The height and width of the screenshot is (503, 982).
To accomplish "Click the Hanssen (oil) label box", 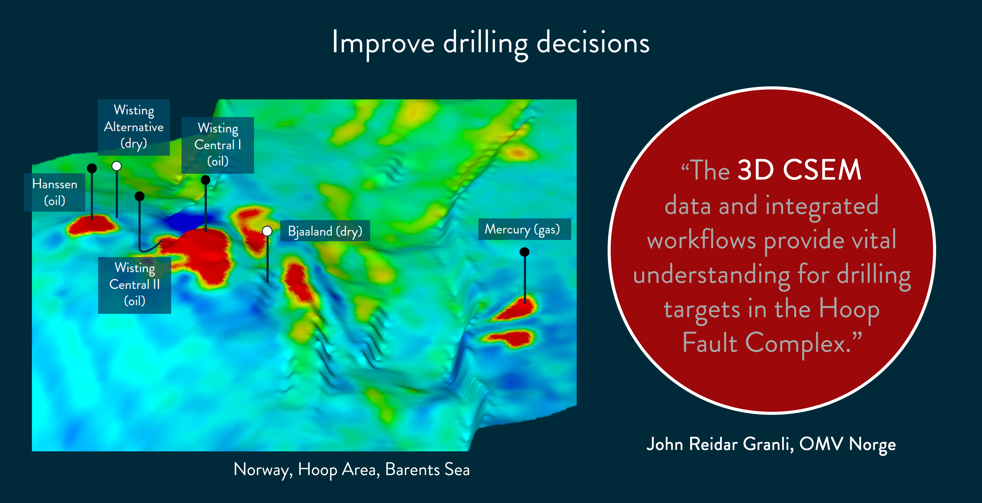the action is point(55,192).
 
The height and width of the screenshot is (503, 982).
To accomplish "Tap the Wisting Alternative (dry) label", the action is point(134,127).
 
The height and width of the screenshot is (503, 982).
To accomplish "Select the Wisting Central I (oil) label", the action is point(218,145).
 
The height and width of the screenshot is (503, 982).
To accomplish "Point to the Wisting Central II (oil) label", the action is point(135,285).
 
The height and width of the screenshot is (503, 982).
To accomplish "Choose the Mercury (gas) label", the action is point(525,229).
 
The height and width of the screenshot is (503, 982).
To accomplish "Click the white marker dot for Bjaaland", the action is point(267,231).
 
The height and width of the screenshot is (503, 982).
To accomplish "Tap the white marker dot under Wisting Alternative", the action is point(117,166).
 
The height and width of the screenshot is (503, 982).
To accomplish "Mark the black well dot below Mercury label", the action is point(525,252).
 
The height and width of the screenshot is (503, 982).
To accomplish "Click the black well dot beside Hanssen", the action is point(92,168).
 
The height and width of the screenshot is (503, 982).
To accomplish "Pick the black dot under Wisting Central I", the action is point(206,180).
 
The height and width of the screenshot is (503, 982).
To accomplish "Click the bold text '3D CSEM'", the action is point(799,170).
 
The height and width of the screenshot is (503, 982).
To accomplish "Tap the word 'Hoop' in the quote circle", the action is point(849,310).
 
